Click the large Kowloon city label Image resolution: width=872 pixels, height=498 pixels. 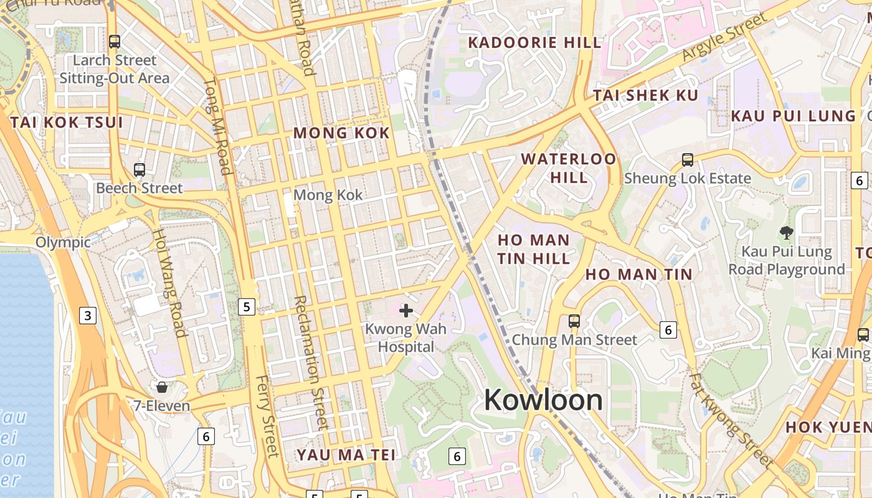point(543,400)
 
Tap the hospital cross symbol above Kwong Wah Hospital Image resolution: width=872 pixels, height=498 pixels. point(406,310)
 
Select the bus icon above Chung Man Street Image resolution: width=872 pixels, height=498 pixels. point(574,321)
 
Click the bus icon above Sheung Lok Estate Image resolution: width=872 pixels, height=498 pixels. point(687,160)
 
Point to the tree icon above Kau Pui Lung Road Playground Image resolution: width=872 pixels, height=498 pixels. point(786,233)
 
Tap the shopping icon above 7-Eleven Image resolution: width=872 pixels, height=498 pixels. point(162,388)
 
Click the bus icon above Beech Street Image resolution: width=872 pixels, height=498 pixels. point(140,169)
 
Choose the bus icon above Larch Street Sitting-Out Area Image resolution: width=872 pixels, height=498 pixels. point(115,42)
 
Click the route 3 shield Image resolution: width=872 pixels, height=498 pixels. point(88,316)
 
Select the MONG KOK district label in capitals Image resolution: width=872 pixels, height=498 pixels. point(341,133)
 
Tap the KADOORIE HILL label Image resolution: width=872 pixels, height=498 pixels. point(535,43)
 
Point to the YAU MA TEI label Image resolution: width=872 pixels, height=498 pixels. point(346,455)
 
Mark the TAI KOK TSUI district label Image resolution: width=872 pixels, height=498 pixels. point(67,123)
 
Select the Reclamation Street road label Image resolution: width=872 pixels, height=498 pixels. point(310,362)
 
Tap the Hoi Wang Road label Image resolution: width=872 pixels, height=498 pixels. point(170,282)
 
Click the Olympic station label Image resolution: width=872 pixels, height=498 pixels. point(63,242)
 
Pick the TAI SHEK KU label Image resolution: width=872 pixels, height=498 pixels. point(645,96)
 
